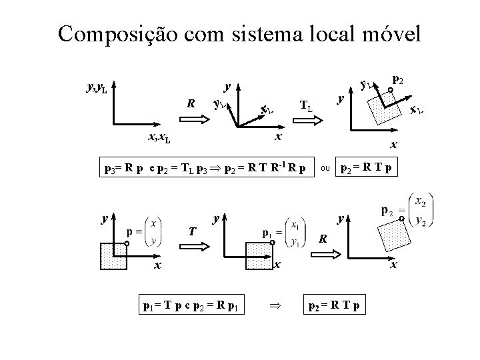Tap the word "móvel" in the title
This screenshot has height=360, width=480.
pos(389,33)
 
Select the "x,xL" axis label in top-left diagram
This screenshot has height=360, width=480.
pos(158,138)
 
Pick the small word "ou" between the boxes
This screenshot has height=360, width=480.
pos(325,167)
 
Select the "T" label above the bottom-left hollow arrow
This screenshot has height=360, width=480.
pos(191,231)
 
